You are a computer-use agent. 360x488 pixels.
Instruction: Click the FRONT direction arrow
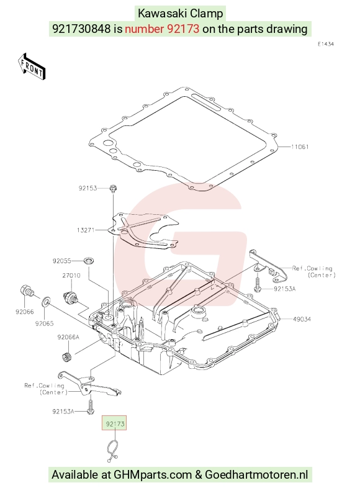(x=32, y=66)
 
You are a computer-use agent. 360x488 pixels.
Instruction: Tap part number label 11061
(x=300, y=147)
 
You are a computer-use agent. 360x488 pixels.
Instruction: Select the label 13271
(x=86, y=230)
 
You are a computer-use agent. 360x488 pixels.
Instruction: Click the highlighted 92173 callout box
(x=114, y=423)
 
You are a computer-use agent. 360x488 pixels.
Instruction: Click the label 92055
(x=61, y=261)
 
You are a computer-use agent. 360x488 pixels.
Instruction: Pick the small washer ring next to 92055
(x=89, y=261)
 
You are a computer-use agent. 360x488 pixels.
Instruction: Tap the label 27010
(x=71, y=276)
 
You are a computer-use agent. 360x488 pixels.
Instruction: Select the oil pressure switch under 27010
(x=70, y=297)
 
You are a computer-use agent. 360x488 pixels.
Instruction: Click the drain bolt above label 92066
(x=26, y=291)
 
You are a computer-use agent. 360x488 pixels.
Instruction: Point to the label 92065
(x=44, y=323)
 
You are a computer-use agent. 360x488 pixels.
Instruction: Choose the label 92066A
(x=68, y=337)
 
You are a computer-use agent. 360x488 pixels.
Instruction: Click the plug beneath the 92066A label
(x=66, y=356)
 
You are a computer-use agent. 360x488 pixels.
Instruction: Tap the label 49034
(x=302, y=319)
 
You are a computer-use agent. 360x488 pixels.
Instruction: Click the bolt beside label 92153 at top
(x=113, y=188)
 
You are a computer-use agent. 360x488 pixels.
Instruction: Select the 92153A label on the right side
(x=285, y=289)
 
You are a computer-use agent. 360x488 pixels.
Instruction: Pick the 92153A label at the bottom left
(x=63, y=412)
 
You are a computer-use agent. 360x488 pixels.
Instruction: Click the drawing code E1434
(x=326, y=44)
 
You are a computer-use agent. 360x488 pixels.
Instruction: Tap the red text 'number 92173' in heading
(x=162, y=29)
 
